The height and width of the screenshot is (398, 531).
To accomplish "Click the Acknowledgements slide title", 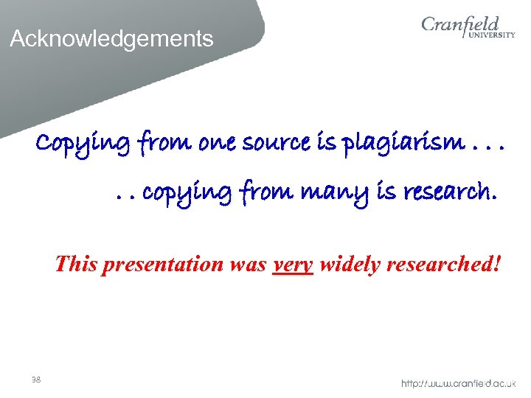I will coord(111,38).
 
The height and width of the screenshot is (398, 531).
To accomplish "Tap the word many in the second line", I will coord(339,193).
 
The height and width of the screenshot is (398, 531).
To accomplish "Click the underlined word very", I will coord(293,264).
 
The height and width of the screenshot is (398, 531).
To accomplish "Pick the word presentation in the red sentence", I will coord(162,263).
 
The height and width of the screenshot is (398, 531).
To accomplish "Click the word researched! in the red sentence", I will coord(443,263).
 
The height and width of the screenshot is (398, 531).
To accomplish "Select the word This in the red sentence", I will coord(76,263).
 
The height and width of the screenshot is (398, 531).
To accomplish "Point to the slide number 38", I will coord(36,380).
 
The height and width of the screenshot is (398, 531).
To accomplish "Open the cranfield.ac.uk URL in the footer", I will coord(458,383).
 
